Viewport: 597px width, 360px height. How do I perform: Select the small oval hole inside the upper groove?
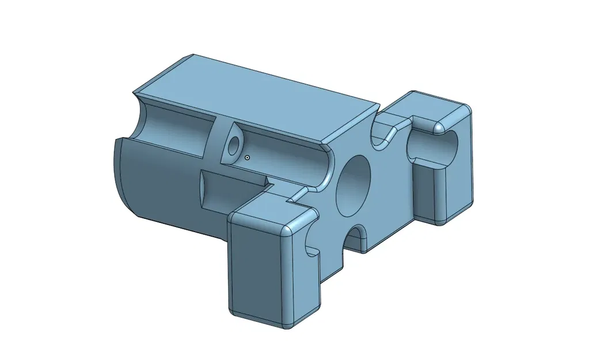[233, 146]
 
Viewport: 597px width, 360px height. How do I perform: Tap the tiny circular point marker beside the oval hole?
[247, 157]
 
